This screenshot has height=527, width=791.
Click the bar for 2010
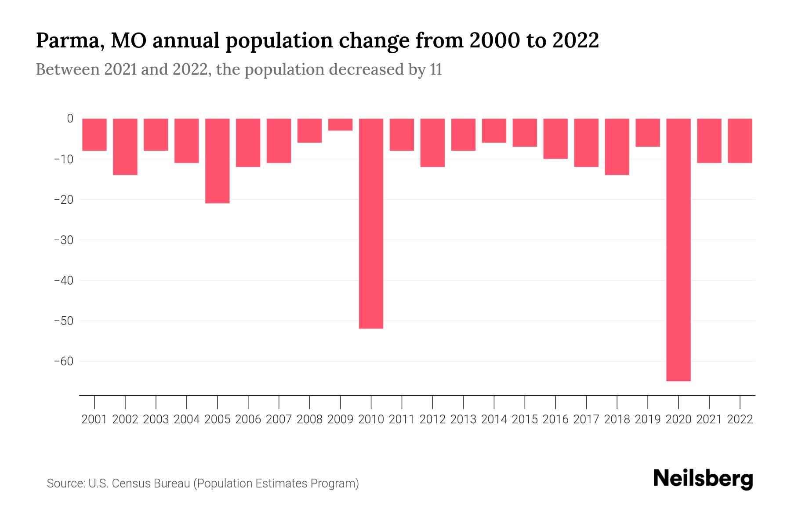(371, 223)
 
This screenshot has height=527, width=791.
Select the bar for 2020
(678, 249)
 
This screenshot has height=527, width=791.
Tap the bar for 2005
(217, 161)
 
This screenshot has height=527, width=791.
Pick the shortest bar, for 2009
(340, 124)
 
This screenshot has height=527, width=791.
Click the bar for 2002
(125, 147)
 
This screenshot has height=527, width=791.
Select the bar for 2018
(617, 147)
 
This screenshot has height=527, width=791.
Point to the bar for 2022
(740, 141)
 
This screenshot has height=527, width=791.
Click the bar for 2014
(494, 130)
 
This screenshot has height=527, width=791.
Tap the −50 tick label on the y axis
(63, 321)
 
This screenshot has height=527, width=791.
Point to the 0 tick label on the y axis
(70, 119)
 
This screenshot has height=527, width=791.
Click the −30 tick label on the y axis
(63, 240)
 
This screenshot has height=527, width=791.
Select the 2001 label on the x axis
(94, 419)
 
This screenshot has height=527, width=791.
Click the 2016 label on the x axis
(555, 419)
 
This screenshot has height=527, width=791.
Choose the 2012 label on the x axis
(432, 419)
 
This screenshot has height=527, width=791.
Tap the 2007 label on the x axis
(279, 419)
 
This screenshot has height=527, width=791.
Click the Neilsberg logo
(703, 479)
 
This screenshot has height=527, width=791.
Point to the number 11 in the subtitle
(435, 69)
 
